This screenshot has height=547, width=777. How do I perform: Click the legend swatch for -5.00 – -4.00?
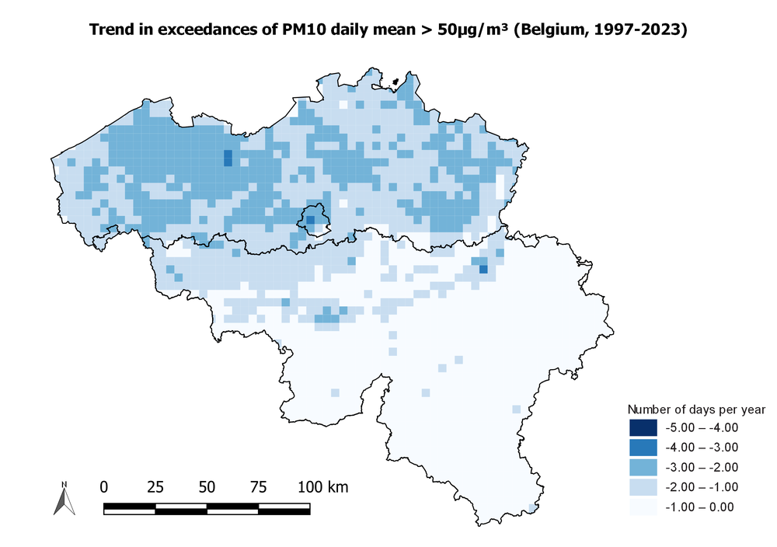[643, 427]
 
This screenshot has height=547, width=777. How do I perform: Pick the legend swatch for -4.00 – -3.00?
[643, 448]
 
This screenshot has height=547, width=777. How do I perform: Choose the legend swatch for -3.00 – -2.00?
[643, 467]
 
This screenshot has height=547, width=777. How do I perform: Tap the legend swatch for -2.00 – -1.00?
[643, 487]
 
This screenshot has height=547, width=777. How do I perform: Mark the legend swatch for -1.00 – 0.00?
[643, 507]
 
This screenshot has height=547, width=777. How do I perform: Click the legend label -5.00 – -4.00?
[702, 427]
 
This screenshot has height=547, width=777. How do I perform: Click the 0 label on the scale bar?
[104, 487]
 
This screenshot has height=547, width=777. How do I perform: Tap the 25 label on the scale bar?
[155, 487]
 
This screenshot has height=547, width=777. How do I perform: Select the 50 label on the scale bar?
[207, 487]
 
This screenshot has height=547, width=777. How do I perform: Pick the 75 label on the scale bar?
[258, 487]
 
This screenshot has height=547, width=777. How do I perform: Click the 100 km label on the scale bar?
[322, 487]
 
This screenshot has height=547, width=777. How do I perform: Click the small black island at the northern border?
[394, 81]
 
